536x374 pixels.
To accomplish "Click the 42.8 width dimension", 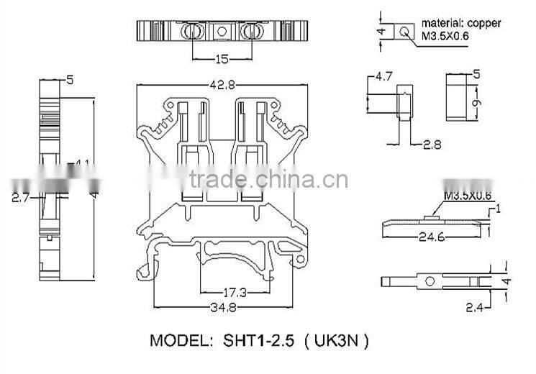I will click(x=223, y=85).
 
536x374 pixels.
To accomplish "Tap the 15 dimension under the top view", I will click(x=222, y=59).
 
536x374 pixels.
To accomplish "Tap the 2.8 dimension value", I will click(x=432, y=145).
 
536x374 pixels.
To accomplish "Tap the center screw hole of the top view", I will click(x=222, y=31).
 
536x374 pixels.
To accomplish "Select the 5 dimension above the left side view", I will click(x=70, y=81).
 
